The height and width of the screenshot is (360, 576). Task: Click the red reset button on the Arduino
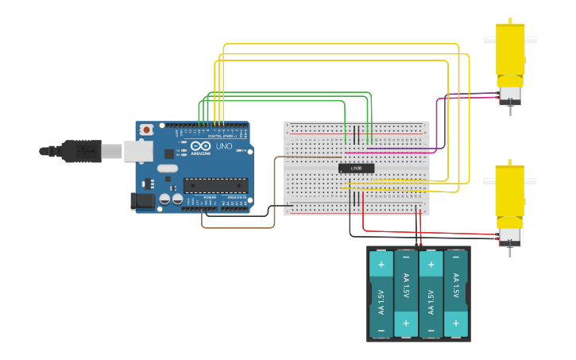(x=146, y=130)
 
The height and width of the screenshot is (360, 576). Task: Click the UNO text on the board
(x=224, y=146)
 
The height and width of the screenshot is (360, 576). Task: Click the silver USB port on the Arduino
(x=137, y=151)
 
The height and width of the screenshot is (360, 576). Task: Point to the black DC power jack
(x=143, y=200)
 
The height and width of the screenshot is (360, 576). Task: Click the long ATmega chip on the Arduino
(x=215, y=185)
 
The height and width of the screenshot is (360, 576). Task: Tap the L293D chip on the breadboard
(x=356, y=168)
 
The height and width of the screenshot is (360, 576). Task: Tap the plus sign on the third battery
(x=431, y=265)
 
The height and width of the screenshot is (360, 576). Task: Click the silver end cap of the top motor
(x=509, y=94)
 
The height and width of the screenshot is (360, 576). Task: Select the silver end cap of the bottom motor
(x=509, y=236)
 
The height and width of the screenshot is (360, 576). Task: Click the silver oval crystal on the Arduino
(x=167, y=168)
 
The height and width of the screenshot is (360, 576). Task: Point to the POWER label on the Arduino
(x=209, y=197)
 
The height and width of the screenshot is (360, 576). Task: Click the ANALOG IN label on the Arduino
(x=237, y=197)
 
